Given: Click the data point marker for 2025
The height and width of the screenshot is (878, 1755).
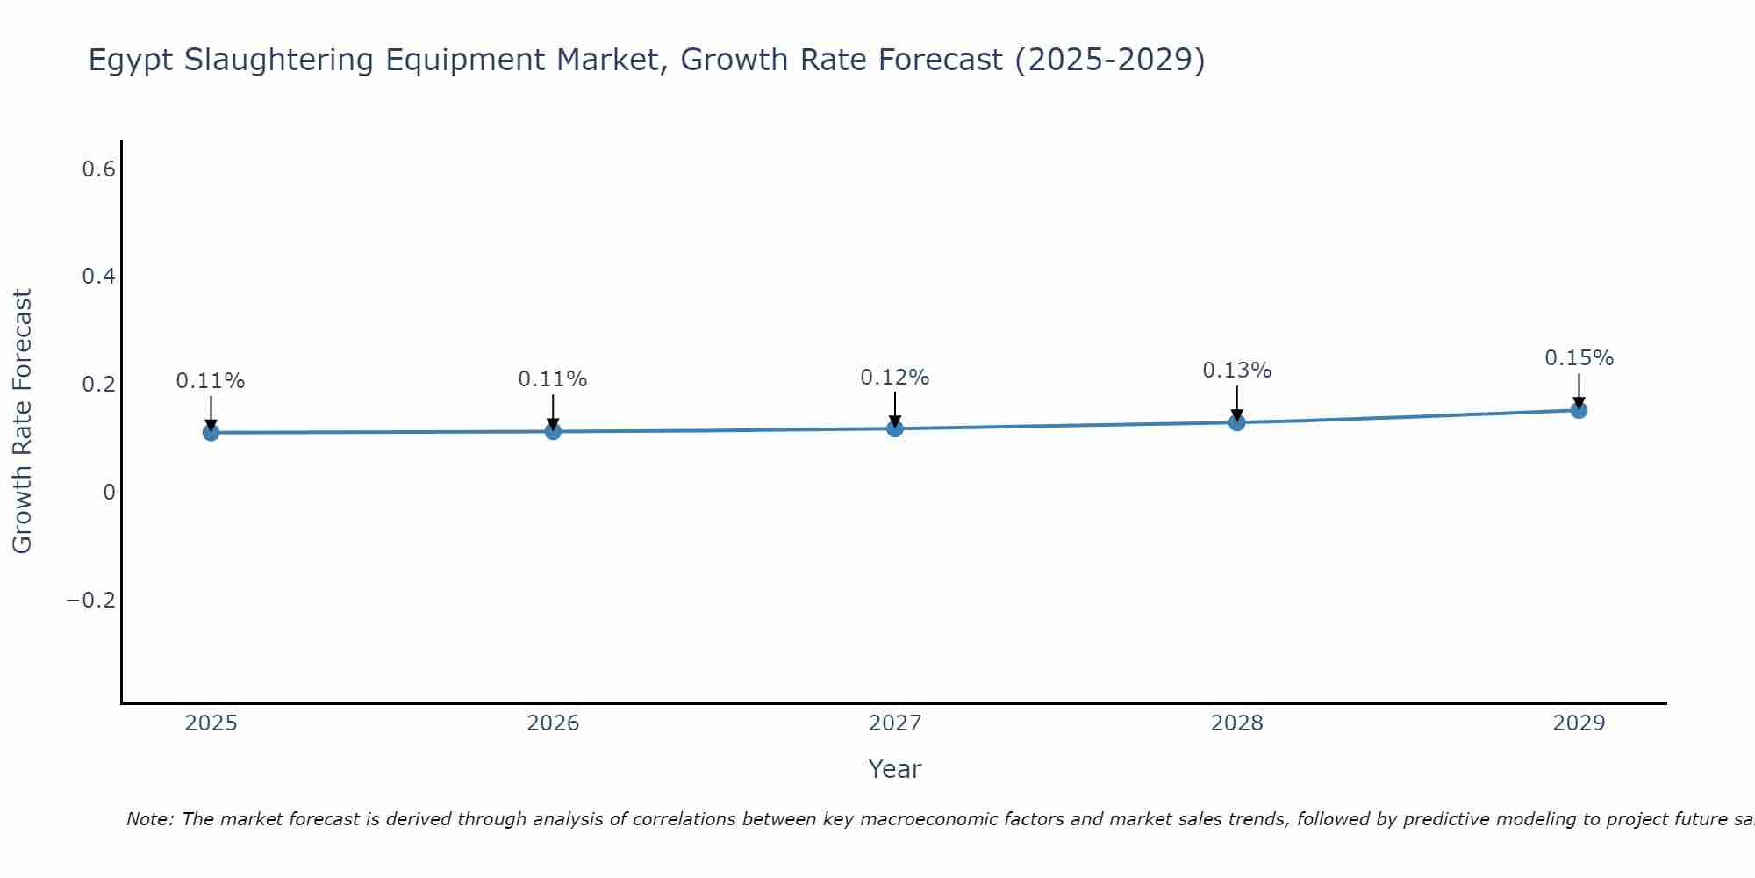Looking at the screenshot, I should (x=211, y=432).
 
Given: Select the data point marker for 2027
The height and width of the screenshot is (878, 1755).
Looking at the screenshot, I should (x=894, y=428).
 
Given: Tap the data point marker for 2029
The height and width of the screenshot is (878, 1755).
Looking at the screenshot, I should (x=1579, y=410).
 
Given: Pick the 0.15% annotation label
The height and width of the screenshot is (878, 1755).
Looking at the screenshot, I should (x=1579, y=358).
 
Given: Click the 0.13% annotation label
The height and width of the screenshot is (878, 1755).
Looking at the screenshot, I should (x=1236, y=371).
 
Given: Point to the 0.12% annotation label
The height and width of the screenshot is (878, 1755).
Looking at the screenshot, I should (x=894, y=378).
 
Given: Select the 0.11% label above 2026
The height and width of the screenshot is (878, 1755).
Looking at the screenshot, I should (x=552, y=379).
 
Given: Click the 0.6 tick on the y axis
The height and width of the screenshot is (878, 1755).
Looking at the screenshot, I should (x=98, y=169).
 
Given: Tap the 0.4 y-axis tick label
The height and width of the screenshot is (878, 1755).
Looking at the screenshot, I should (x=98, y=277).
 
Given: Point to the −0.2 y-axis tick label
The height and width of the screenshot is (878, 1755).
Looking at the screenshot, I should (x=90, y=600).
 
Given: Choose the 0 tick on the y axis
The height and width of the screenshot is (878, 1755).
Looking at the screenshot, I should (x=109, y=493).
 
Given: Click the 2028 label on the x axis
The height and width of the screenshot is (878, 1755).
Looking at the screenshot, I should (x=1236, y=723).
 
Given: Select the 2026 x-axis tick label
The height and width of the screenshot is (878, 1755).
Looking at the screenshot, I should (x=552, y=723).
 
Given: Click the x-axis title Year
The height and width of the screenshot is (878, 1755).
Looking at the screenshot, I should (x=894, y=769).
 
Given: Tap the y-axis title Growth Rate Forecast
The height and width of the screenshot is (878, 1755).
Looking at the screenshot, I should (x=23, y=421).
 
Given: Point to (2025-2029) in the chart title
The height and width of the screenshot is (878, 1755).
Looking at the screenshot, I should (x=1109, y=60).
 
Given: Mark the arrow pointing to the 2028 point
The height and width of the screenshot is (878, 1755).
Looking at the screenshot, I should (x=1236, y=404).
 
